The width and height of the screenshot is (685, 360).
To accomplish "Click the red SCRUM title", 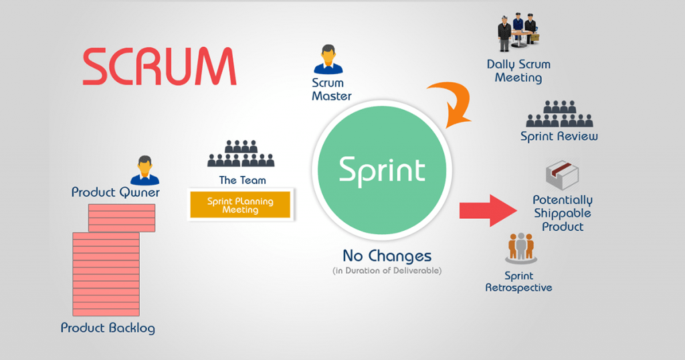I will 159,66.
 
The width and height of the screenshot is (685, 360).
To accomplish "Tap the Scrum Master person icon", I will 328,60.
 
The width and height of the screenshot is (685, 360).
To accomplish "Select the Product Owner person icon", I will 144,170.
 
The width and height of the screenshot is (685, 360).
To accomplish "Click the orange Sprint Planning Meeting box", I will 241,205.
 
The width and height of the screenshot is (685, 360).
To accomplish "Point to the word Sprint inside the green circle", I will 382,169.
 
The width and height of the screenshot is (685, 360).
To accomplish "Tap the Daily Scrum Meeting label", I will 518,71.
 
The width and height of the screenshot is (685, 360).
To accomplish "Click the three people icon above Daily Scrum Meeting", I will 518,33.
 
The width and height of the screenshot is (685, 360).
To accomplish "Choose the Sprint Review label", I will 559,137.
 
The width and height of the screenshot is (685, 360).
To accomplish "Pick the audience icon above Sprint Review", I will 559,114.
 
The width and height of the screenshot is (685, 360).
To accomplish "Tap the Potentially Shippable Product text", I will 563,213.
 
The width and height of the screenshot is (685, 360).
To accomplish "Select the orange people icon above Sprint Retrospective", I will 521,248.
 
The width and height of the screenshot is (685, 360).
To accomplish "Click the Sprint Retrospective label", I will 519,282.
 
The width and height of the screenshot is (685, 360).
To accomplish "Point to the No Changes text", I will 387,256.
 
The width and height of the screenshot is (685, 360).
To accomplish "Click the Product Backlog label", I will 108,328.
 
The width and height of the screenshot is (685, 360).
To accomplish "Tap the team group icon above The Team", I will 241,154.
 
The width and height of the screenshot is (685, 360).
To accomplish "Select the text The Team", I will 242,180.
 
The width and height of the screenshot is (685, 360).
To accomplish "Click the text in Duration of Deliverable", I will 387,271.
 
